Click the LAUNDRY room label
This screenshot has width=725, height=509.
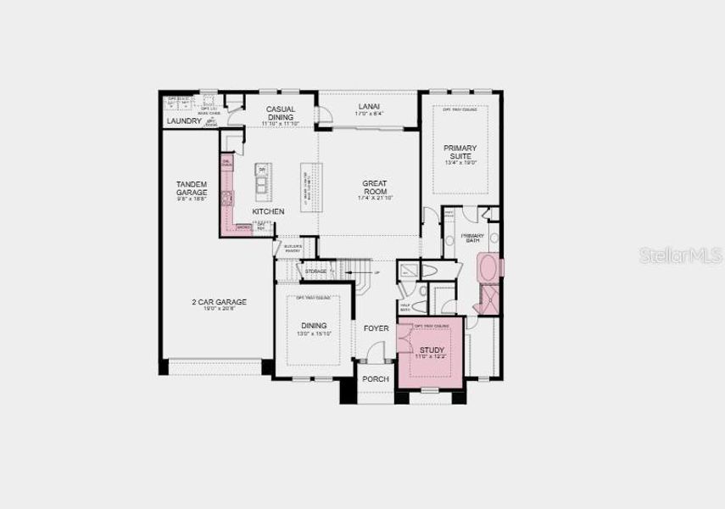point(184,121)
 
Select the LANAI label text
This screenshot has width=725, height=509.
point(369,106)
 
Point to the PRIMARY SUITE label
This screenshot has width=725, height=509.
point(460,153)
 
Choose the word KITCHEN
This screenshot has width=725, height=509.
point(268,211)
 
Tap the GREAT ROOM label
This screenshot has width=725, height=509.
point(375,187)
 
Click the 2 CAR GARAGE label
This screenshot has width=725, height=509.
point(219,301)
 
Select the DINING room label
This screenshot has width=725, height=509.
point(314,326)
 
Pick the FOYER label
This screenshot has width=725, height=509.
point(376,327)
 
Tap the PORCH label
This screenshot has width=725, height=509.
point(375,379)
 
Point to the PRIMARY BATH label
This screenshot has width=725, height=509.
point(472,237)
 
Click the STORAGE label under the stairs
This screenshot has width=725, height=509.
point(315,271)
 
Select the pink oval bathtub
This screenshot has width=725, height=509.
point(490,269)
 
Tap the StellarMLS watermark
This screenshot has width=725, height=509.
point(678,255)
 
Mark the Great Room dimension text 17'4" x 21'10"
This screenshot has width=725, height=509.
point(375,199)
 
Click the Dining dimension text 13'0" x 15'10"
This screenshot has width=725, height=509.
point(314,334)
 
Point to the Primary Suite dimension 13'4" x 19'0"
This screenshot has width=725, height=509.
point(460,164)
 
